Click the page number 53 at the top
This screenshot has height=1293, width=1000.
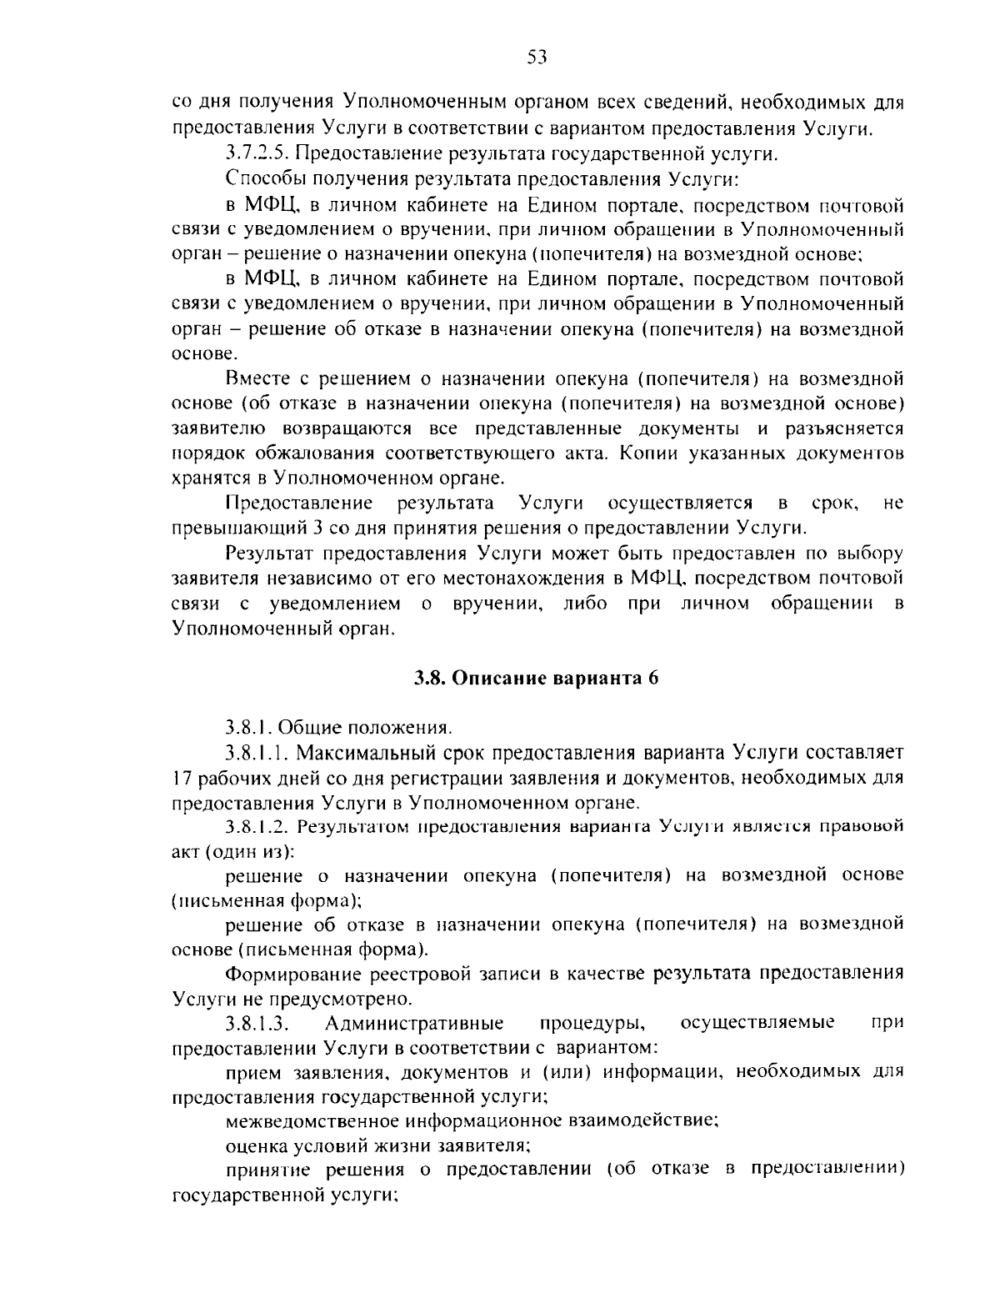point(536,57)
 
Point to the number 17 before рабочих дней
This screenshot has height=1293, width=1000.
point(181,778)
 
